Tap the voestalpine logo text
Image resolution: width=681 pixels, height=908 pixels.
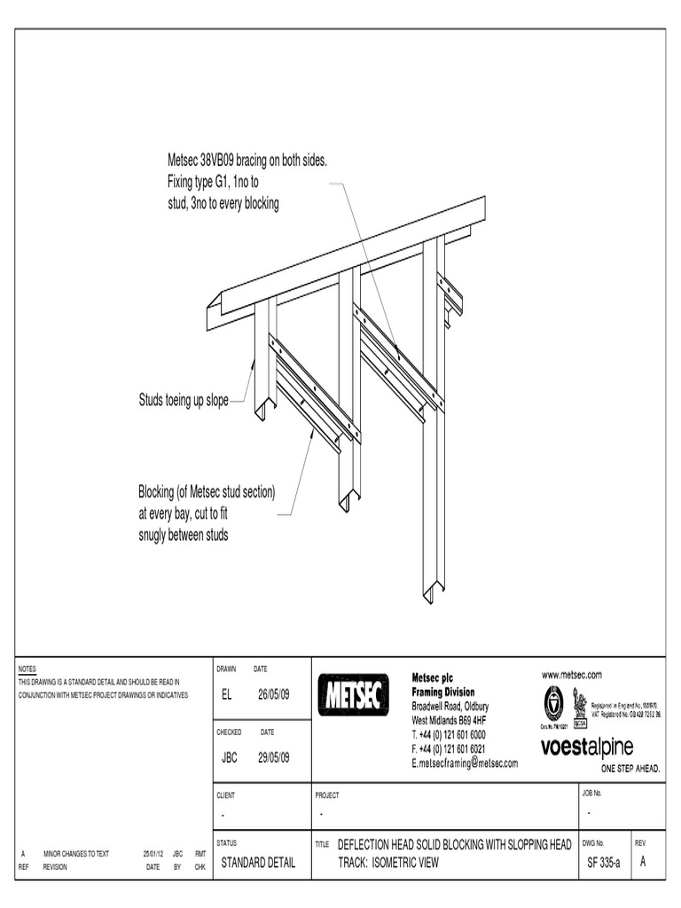[x=599, y=747]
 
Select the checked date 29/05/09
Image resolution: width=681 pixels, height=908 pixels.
[x=274, y=757]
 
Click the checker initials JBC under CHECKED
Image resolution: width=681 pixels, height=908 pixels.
[x=229, y=757]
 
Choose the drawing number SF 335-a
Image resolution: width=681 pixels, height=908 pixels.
[x=604, y=862]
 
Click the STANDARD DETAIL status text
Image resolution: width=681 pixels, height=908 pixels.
[x=258, y=862]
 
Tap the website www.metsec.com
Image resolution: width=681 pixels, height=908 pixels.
[x=572, y=675]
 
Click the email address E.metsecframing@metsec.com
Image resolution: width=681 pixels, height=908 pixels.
[x=465, y=763]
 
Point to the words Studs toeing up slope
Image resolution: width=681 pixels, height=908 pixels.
[x=184, y=402]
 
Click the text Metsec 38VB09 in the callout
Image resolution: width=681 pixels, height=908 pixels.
[x=200, y=162]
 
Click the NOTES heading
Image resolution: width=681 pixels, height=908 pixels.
[x=27, y=668]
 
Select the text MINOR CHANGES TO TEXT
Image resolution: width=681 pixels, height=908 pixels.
[x=76, y=854]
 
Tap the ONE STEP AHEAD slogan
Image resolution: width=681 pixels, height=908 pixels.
[x=630, y=769]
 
